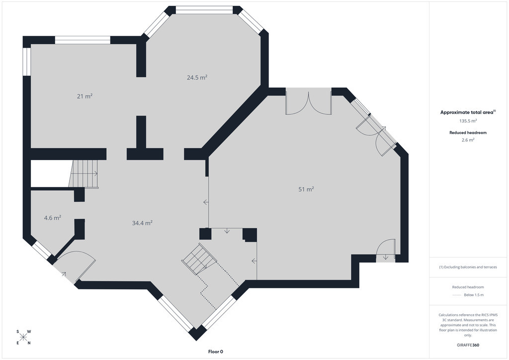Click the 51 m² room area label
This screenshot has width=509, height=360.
306,189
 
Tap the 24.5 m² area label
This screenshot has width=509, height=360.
197,77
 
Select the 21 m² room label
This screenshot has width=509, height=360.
85,96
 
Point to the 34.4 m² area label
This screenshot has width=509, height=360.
142,223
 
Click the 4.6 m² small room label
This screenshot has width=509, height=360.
53,218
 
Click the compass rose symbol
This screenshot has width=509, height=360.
23,337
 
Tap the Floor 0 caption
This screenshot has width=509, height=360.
216,352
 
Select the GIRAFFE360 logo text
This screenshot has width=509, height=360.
468,345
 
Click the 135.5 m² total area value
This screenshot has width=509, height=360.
468,121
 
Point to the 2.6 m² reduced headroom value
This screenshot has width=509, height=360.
468,140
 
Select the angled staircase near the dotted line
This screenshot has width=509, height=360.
199,259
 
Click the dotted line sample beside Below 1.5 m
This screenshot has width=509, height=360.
457,295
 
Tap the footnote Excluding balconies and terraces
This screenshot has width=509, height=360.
468,267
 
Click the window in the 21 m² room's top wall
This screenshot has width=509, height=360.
83,40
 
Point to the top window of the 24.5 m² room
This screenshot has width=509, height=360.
204,10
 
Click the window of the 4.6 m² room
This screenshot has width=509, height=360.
43,250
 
